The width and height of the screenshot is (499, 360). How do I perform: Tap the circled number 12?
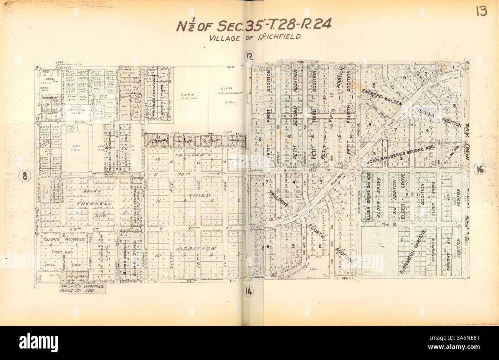point(250,57)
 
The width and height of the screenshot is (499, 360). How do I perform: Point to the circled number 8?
point(25,176)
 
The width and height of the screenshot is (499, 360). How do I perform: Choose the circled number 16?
point(480,169)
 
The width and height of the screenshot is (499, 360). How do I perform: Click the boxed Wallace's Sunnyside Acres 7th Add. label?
point(77,289)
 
